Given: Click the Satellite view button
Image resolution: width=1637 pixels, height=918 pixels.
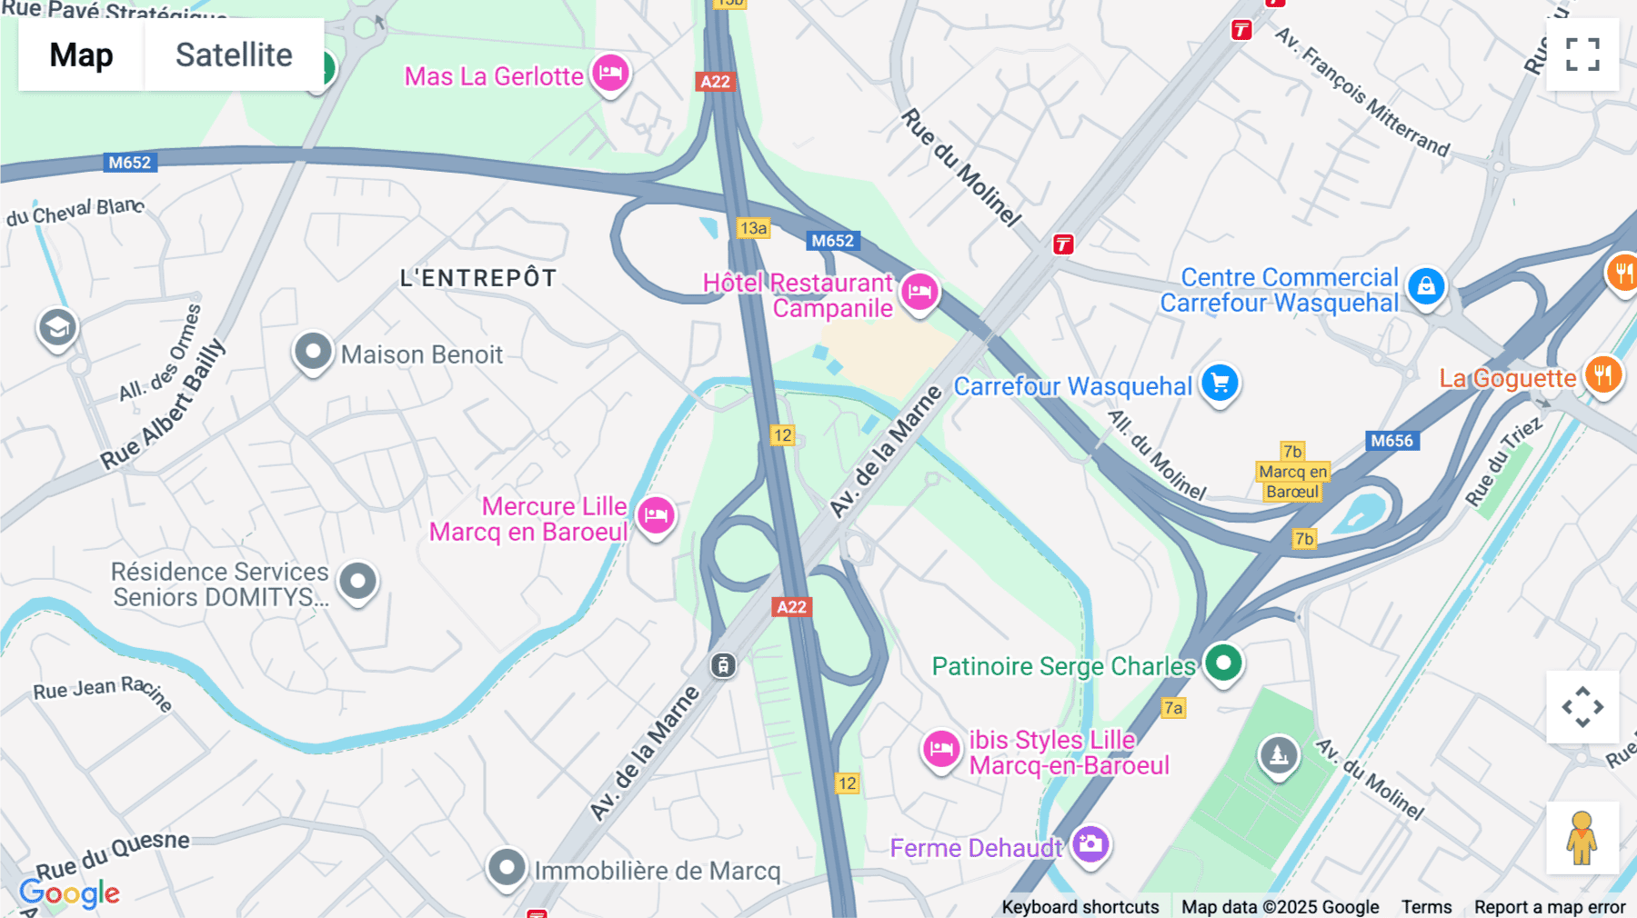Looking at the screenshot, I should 234,55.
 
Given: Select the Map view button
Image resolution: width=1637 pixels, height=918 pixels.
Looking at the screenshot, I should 81,55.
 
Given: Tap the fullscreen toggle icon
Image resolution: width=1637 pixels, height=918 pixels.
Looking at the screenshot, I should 1582,55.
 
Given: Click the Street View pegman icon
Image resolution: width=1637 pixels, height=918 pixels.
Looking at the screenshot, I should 1582,838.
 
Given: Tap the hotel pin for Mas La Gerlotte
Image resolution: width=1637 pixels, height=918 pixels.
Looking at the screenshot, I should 610,73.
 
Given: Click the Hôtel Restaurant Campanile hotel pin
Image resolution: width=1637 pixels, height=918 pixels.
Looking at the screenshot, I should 919,292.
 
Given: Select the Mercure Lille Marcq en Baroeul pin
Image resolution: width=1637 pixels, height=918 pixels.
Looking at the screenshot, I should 656,515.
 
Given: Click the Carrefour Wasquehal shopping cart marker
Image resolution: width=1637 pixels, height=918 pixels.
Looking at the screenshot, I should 1220,383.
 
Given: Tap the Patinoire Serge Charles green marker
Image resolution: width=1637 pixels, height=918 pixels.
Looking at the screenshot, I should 1223,663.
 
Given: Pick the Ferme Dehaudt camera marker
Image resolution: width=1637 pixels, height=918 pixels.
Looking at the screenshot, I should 1090,844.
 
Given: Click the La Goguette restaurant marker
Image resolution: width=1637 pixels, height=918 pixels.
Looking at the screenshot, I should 1602,374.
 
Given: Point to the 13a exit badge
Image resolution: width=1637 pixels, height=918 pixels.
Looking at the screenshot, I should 753,228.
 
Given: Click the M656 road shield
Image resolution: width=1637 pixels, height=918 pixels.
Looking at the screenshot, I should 1391,441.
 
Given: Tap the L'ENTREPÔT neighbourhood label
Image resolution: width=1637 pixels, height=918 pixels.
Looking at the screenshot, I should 478,278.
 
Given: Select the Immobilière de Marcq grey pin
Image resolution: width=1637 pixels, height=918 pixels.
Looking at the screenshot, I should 506,867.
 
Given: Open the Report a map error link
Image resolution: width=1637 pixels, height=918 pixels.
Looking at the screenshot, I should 1549,907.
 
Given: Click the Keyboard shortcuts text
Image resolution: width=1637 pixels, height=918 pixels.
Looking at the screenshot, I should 1080,907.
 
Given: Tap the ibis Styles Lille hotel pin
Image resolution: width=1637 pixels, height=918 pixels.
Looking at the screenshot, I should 941,749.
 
